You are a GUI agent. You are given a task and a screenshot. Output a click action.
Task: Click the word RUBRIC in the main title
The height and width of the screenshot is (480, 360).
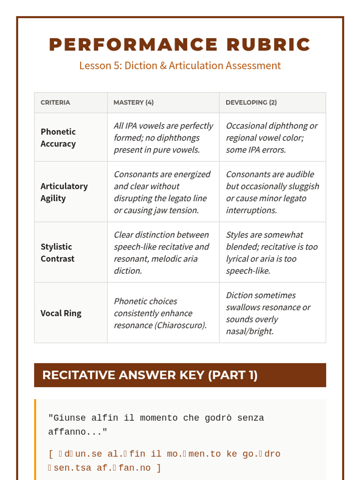click(268, 45)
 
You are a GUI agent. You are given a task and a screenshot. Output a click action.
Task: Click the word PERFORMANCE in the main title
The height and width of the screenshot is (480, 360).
click(133, 45)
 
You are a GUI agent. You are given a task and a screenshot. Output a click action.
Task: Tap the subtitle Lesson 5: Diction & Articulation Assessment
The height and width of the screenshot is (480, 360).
click(180, 65)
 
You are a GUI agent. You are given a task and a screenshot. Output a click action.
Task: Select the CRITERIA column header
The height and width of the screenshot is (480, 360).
click(55, 103)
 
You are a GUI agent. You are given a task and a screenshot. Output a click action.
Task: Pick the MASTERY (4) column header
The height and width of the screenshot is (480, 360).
click(133, 103)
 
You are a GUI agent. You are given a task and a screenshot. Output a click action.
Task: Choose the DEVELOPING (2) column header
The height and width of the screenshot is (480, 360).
click(251, 103)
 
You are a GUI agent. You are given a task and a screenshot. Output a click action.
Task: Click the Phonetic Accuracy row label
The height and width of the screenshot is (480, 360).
click(58, 138)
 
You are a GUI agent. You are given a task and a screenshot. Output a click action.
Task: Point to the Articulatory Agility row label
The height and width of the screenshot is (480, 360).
click(64, 192)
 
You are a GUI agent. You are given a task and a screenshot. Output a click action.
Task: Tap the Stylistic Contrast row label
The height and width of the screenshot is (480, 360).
click(57, 253)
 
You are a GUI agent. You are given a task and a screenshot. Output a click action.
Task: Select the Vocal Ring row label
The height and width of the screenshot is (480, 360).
click(61, 313)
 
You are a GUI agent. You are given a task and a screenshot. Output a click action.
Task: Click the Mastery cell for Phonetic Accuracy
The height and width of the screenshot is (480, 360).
click(163, 138)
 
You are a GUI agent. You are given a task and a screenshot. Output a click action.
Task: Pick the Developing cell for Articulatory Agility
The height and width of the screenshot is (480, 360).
click(272, 192)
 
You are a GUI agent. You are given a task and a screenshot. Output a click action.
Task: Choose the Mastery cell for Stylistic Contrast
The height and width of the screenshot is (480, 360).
click(161, 253)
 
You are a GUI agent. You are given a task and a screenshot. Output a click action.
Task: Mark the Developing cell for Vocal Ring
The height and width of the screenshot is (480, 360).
click(268, 313)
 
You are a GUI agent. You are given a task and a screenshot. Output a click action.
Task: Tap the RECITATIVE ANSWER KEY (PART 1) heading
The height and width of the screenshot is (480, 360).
click(150, 375)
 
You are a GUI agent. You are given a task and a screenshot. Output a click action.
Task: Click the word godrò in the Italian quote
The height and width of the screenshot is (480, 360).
click(218, 418)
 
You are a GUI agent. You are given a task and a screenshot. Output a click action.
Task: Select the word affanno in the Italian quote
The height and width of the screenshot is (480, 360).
click(67, 432)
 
